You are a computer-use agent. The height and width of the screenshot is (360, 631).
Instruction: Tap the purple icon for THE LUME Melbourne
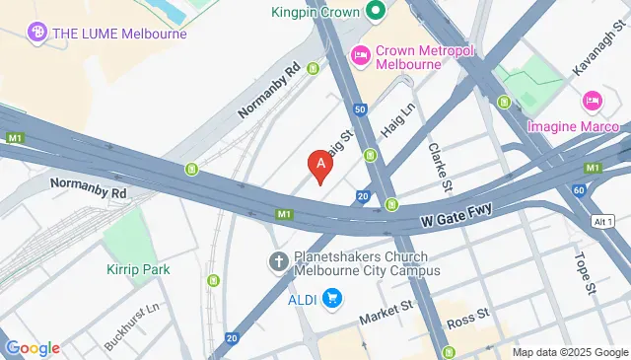tap(37, 33)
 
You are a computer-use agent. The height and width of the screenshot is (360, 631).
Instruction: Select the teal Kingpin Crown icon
tap(375, 13)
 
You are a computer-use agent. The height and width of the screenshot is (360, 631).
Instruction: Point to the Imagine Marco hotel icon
tap(592, 100)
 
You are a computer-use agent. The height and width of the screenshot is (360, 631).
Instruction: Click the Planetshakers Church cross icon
tap(279, 262)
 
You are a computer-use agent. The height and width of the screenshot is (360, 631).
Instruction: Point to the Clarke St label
tap(440, 165)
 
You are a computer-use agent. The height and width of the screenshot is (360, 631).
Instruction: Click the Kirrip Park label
tap(138, 269)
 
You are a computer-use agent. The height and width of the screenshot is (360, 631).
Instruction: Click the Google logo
tap(33, 347)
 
